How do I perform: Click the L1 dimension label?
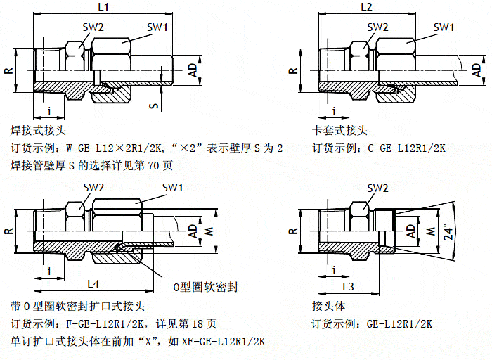pos(103,8)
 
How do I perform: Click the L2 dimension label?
pos(366,8)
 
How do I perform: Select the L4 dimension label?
pos(93,283)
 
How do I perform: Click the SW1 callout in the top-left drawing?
pos(157,27)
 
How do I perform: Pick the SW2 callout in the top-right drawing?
pos(377,27)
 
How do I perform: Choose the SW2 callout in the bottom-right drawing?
pos(377,188)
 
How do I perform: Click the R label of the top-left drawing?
pos(8,71)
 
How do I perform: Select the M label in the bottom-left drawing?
pos(207,231)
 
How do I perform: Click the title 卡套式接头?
pos(339,131)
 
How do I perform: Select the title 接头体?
pos(328,307)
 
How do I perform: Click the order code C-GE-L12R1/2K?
pos(406,148)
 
